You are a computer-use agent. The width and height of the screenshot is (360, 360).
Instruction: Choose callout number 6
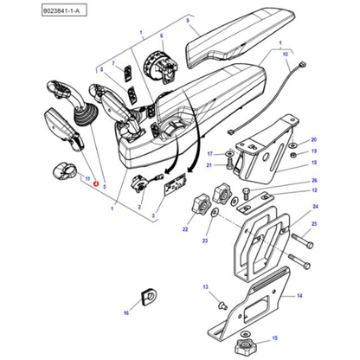coord(161,36)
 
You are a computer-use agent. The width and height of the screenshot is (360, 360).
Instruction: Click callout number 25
coord(314,225)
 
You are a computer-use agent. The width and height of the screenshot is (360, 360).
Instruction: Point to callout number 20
coord(314,140)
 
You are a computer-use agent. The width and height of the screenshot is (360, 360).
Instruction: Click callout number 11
coord(87,177)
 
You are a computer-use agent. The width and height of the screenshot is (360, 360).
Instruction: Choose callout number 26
coord(314,181)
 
